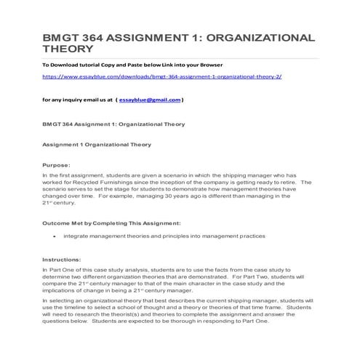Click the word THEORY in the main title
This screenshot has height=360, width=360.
(68, 49)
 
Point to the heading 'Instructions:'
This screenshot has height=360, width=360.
(61, 259)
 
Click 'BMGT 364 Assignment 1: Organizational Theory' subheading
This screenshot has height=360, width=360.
(103, 124)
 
